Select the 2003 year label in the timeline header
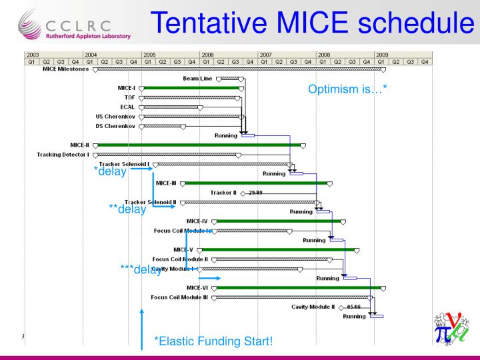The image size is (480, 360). [x=31, y=54]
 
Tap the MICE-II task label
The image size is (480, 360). [x=80, y=145]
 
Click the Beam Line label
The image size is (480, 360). [x=197, y=78]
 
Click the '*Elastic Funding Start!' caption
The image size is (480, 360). [x=213, y=342]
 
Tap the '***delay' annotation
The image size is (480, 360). [x=141, y=269]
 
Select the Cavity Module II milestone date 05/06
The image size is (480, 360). [x=353, y=307]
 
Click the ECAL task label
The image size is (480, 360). [x=128, y=107]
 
